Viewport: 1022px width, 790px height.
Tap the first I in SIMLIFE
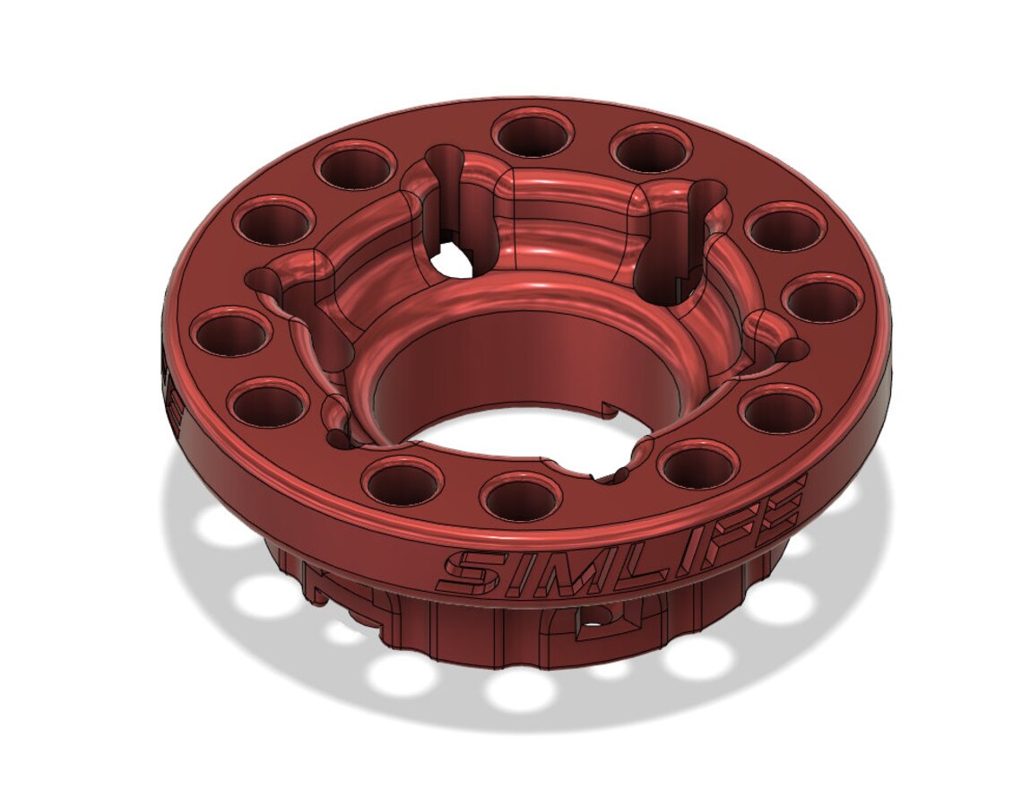507,563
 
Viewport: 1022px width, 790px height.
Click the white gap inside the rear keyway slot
448,261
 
